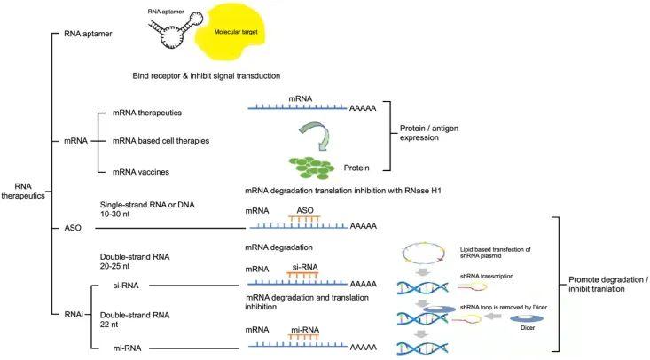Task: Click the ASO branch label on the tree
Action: [x=74, y=228]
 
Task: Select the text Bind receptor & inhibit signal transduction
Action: [x=218, y=75]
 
